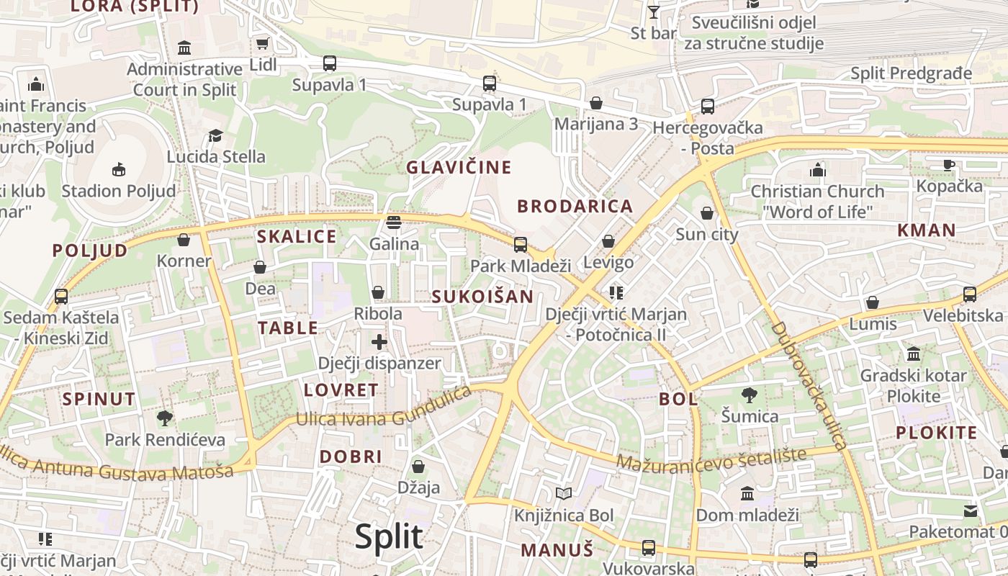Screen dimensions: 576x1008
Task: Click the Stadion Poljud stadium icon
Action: [x=119, y=170]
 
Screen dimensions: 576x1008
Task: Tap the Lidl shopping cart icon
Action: [x=263, y=44]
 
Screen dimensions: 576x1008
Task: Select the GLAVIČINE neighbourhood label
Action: [x=459, y=168]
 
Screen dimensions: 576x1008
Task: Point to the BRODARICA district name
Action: [x=575, y=207]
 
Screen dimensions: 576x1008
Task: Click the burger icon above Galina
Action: [x=393, y=222]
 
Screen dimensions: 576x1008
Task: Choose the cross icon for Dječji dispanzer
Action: [x=379, y=342]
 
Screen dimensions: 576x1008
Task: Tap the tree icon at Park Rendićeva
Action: [x=165, y=418]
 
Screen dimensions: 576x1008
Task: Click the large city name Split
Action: [x=389, y=537]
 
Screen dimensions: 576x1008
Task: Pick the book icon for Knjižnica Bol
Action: [x=564, y=494]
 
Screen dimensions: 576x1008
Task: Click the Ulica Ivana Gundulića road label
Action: [x=384, y=410]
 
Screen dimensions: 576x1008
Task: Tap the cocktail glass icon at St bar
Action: [x=654, y=12]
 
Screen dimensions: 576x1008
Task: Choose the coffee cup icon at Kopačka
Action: [x=949, y=165]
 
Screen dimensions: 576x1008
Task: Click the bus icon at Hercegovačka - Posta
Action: [x=708, y=107]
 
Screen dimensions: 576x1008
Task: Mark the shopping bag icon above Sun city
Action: [x=707, y=213]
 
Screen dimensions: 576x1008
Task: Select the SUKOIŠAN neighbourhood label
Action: [x=482, y=297]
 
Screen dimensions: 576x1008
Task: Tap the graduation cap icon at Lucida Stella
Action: [x=215, y=135]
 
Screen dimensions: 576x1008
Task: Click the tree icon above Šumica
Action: [x=750, y=395]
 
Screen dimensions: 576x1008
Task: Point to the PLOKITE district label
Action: [x=936, y=433]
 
